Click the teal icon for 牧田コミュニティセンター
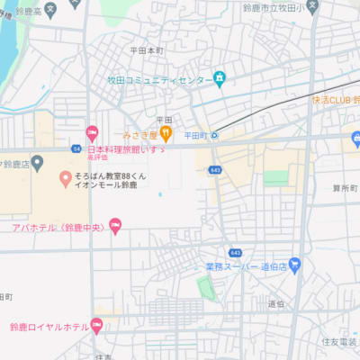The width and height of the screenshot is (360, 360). [219, 79]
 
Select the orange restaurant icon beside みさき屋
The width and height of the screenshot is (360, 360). [166, 135]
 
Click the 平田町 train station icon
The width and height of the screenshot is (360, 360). [215, 135]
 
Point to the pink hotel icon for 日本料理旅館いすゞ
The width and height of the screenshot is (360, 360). [91, 133]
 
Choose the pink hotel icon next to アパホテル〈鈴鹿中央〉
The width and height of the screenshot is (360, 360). [115, 226]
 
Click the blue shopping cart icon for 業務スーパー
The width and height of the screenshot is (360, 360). [295, 265]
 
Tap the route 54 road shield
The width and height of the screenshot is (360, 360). [77, 148]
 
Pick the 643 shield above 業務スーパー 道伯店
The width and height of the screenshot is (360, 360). [235, 253]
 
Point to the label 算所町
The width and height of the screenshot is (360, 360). [344, 188]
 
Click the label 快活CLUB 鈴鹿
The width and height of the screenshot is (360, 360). [336, 99]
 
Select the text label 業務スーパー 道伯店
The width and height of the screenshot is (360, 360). [246, 266]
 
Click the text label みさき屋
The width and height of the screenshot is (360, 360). [141, 135]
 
